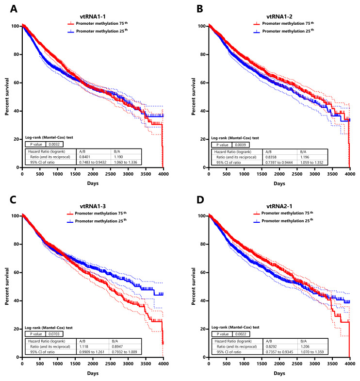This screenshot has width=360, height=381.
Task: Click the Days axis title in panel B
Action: pos(279,183)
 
